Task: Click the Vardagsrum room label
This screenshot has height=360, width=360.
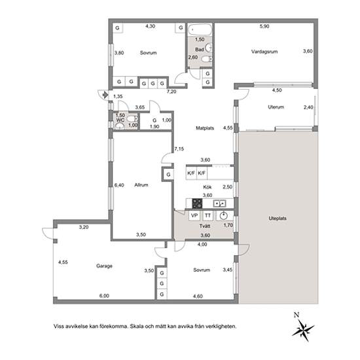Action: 264,52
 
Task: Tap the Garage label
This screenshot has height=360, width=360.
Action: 104,266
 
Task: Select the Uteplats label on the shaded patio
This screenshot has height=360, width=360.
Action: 278,218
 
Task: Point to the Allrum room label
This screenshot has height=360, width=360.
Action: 141,185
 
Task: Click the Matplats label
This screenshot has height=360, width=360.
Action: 205,128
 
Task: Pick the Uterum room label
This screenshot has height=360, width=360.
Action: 276,107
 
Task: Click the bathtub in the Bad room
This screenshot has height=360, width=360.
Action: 200,29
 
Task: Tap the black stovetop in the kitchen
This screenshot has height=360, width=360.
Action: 197,204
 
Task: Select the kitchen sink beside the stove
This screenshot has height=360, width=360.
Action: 220,204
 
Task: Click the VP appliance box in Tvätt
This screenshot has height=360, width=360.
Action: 194,215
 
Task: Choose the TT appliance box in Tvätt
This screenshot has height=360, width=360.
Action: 207,215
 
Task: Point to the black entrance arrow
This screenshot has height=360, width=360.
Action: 105,94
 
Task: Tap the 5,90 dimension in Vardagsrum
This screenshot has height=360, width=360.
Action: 264,26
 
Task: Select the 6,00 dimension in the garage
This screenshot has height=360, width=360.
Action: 104,296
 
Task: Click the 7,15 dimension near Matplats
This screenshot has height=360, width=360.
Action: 179,149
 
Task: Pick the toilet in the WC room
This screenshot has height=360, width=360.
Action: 132,118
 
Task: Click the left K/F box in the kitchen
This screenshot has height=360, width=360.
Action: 191,173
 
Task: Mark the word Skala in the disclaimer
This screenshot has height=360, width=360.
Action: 136,326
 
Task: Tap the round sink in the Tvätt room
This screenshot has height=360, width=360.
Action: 223,216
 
